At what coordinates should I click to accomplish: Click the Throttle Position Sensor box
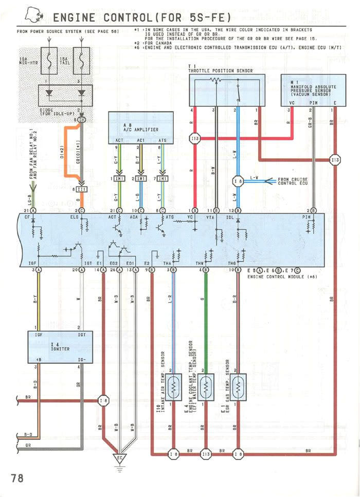pos(227,90)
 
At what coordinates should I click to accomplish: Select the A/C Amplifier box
pos(140,127)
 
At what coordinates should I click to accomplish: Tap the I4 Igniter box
pos(60,346)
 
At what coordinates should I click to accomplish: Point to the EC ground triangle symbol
pos(119,456)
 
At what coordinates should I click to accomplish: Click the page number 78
pos(16,477)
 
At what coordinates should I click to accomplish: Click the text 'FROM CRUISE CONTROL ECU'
pos(294,181)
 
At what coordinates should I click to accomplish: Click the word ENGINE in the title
pos(77,18)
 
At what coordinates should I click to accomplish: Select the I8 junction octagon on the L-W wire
pos(238,181)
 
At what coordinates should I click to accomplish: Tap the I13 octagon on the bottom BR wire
pos(206,454)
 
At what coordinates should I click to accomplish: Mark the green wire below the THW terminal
pos(206,319)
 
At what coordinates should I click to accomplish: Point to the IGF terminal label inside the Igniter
pos(39,334)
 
